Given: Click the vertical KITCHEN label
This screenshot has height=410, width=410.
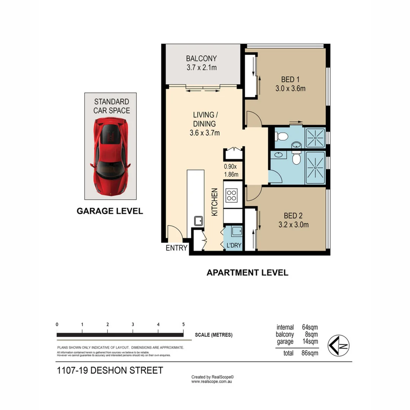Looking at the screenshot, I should [214, 202].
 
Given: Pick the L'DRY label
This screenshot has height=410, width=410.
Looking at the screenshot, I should [234, 245].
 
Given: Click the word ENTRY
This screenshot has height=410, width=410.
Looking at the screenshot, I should [177, 248].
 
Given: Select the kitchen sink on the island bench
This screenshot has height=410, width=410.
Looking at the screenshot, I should [199, 221].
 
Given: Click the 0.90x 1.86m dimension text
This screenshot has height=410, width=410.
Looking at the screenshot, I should [231, 170].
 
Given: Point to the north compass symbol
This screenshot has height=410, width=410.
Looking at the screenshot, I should [339, 345].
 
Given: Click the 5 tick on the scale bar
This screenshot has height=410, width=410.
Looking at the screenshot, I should [183, 325].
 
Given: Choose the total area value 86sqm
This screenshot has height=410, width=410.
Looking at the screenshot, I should [310, 353].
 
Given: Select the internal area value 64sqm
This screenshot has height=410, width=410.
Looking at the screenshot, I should [310, 327].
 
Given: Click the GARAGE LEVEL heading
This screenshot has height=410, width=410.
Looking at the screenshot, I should [110, 211].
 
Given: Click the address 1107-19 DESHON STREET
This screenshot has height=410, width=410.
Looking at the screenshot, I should [110, 371].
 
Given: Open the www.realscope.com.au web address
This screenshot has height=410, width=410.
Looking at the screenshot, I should [211, 382].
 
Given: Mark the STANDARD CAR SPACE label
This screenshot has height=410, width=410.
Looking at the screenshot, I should [112, 106].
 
